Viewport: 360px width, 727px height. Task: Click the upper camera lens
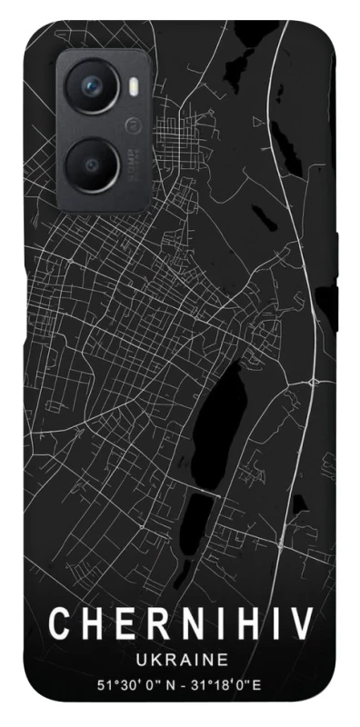pos(94,87)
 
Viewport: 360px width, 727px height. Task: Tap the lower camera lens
pos(94,164)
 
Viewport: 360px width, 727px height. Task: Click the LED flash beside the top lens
pos(133,87)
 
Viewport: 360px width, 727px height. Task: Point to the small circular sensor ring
pos(133,124)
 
